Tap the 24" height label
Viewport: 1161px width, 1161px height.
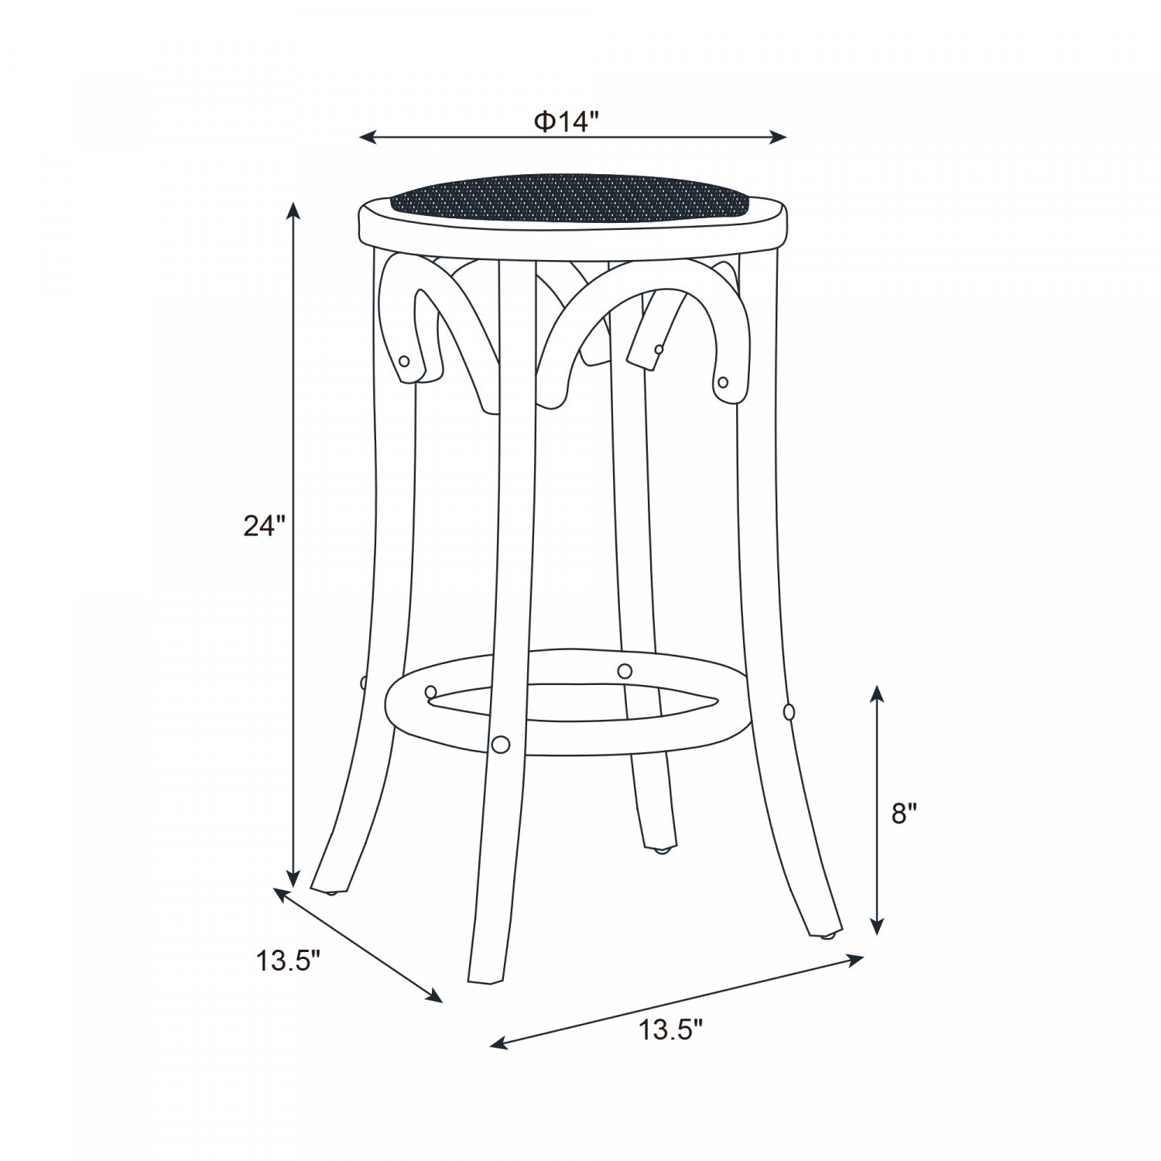[x=265, y=526]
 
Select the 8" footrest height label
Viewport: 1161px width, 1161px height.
[x=904, y=813]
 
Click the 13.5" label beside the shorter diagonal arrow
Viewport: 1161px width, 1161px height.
[x=289, y=961]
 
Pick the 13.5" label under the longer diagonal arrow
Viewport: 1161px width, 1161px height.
[x=671, y=1031]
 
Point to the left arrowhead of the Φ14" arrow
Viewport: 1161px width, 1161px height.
[x=368, y=138]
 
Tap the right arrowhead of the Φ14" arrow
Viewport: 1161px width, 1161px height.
[x=778, y=138]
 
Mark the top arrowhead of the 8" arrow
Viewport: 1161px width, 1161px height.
[x=876, y=694]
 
